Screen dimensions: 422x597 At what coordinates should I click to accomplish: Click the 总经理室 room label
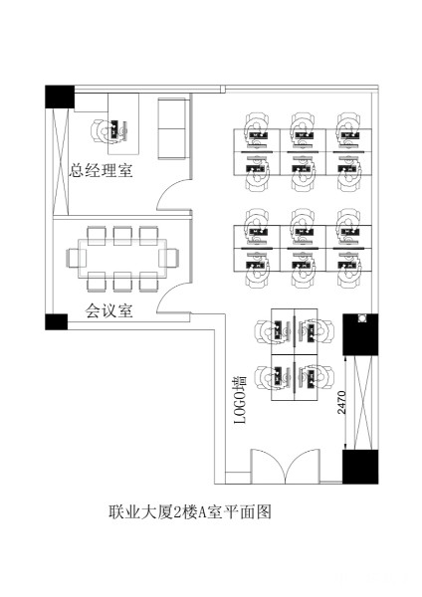pos(101,170)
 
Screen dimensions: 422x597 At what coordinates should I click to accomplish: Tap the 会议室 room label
pos(108,310)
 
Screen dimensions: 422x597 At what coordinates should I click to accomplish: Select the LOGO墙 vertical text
pos(240,400)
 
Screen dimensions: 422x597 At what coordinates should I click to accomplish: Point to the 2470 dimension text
pos(341,402)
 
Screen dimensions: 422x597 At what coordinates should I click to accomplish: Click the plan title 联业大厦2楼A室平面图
pos(190,511)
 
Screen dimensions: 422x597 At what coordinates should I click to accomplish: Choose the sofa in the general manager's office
pos(172,128)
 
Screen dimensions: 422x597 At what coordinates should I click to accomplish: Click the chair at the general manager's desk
pos(100,131)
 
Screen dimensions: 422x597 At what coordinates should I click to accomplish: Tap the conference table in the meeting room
pos(122,258)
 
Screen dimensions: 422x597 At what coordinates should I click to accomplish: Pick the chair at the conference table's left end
pos(73,258)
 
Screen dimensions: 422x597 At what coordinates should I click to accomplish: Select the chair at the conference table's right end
pos(169,258)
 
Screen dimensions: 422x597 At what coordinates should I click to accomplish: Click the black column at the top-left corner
pos(60,97)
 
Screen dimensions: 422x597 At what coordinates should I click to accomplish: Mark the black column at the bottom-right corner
pos(360,467)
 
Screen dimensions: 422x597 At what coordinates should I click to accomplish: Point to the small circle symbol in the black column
pos(362,318)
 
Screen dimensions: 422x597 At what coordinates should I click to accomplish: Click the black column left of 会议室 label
pos(57,321)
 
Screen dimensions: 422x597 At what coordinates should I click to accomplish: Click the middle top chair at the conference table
pos(122,236)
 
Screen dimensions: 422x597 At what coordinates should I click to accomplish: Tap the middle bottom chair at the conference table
pos(122,282)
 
